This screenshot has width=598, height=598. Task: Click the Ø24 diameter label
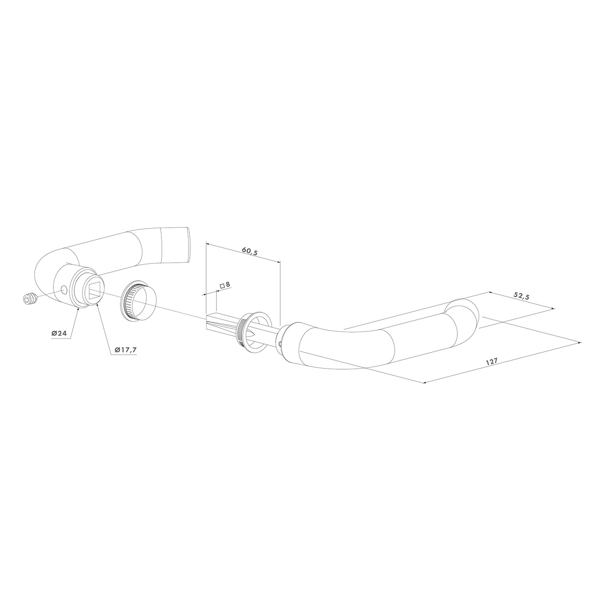pos(59,333)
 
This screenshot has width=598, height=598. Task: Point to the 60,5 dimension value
pos(250,252)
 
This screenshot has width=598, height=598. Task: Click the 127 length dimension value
pos(492,362)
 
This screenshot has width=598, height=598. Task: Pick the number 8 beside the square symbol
pos(228,285)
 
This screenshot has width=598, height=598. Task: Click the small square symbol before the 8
pos(222,286)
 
